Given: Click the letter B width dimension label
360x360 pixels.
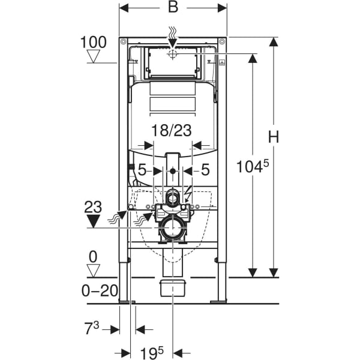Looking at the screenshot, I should (173, 8).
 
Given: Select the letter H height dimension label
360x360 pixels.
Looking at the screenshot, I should (274, 137).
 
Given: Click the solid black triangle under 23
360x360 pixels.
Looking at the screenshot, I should (92, 221).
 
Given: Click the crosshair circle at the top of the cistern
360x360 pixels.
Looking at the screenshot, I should (173, 54).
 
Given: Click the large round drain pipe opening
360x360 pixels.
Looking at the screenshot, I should (173, 229).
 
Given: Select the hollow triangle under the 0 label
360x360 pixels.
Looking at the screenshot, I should (93, 271).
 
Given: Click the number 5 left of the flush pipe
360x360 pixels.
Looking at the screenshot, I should (142, 170).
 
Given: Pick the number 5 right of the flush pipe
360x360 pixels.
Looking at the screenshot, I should (205, 170).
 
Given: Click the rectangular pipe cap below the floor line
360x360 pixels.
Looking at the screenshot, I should (173, 287).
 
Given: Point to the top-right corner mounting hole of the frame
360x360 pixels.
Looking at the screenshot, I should (223, 42).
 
